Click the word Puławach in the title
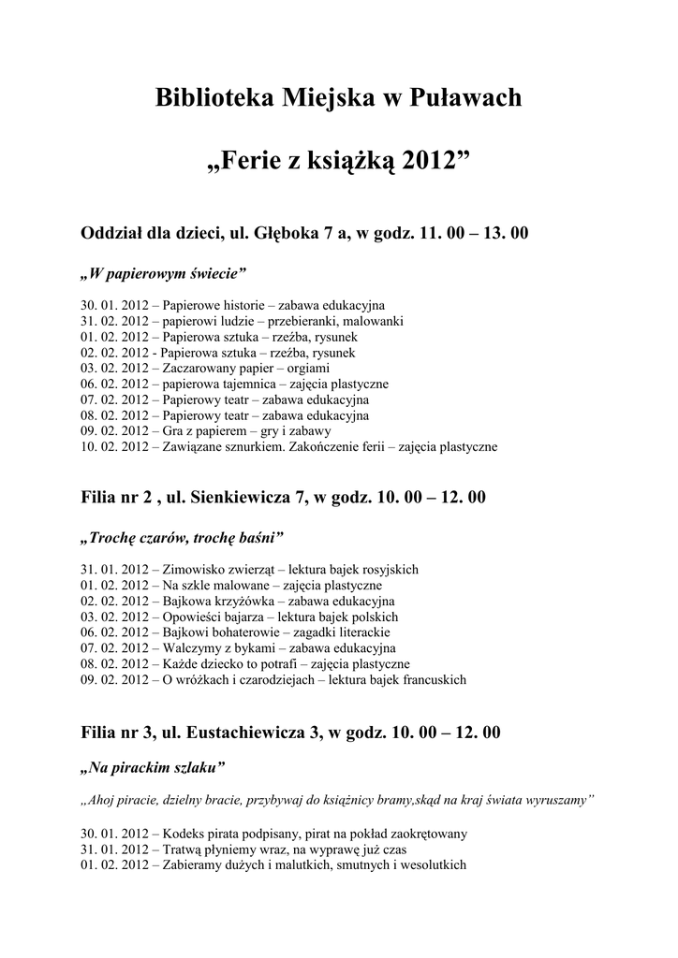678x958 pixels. [466, 98]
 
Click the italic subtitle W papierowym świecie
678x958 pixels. [164, 274]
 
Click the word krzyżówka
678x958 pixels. [236, 601]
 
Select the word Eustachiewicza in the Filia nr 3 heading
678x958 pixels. [246, 732]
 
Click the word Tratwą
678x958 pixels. [184, 849]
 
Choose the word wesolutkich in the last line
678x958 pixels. [431, 865]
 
